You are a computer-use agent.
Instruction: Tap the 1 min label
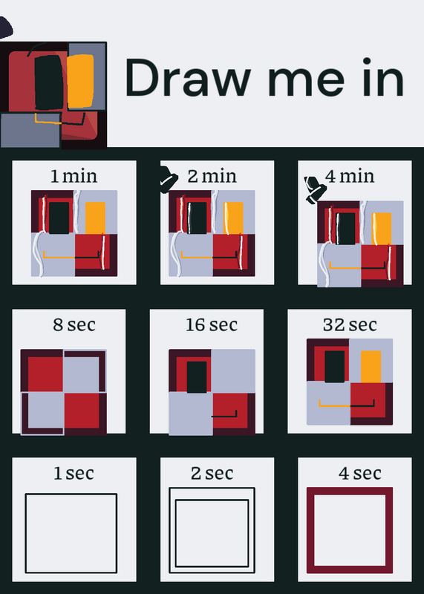click(74, 176)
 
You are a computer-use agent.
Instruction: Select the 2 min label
click(212, 176)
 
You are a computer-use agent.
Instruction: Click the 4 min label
click(350, 176)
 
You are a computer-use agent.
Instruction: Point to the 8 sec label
click(74, 324)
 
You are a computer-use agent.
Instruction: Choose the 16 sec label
click(212, 324)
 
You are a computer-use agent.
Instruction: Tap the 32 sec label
click(350, 324)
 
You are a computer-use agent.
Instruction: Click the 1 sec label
click(74, 473)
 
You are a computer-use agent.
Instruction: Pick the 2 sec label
click(212, 473)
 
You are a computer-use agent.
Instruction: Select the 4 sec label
click(360, 473)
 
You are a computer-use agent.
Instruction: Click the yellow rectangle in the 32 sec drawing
click(371, 366)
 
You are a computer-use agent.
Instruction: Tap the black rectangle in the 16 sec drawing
click(197, 377)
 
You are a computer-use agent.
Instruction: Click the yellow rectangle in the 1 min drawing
click(95, 218)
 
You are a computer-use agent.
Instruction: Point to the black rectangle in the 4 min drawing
click(345, 229)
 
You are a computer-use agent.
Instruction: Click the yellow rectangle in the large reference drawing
click(80, 82)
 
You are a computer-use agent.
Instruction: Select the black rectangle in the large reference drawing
click(49, 82)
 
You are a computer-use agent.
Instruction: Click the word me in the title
click(306, 82)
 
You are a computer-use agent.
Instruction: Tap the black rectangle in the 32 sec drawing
click(335, 366)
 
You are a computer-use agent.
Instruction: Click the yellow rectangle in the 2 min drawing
click(233, 218)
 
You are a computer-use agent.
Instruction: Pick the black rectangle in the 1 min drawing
click(59, 218)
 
